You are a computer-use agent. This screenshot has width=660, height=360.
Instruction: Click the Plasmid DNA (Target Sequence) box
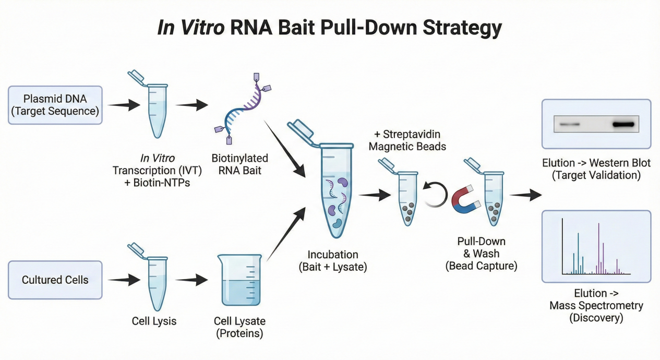point(55,105)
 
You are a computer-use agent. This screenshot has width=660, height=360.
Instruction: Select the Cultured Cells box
point(55,280)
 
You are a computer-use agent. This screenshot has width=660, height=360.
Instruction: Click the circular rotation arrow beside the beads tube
point(435,195)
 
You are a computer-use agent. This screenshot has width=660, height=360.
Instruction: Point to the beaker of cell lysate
point(239,280)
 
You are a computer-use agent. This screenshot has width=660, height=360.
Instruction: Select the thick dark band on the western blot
point(623,125)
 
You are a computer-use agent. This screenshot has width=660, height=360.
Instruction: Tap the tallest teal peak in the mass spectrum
point(578,253)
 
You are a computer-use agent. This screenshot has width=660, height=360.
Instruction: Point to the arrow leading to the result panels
point(525,195)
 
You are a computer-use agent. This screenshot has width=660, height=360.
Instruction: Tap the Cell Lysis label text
point(154,321)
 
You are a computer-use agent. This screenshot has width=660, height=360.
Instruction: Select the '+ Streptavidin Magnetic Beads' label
point(407,140)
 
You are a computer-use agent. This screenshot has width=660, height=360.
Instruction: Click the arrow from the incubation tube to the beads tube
point(375,195)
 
